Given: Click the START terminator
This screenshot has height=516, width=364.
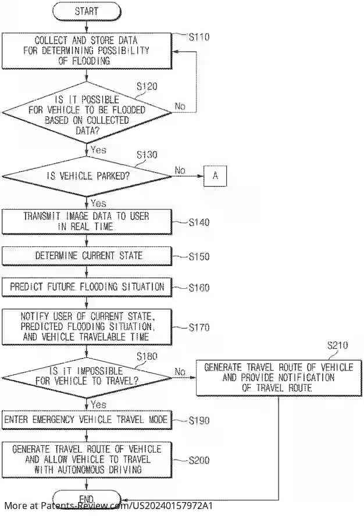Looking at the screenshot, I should (86, 11).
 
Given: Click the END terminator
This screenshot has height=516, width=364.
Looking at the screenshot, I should (86, 499).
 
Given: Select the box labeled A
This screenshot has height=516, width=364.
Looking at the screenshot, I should (215, 176).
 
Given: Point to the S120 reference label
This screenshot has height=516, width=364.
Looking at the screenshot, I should (147, 86).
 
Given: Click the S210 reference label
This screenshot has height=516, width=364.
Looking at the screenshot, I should (337, 345).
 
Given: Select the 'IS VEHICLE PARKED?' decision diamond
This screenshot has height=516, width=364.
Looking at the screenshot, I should (87, 176).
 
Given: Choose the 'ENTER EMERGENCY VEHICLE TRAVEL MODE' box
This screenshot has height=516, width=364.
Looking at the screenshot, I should (87, 420).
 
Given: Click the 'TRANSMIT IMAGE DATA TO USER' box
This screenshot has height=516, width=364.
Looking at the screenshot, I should (87, 221).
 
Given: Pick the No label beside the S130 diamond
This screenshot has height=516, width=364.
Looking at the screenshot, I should (180, 171).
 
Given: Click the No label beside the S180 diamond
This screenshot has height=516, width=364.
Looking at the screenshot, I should (180, 371).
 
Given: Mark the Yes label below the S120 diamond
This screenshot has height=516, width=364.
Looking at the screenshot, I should (98, 149).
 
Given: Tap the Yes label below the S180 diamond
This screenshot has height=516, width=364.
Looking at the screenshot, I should (98, 404).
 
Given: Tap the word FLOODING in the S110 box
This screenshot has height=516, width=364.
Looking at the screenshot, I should (95, 60).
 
